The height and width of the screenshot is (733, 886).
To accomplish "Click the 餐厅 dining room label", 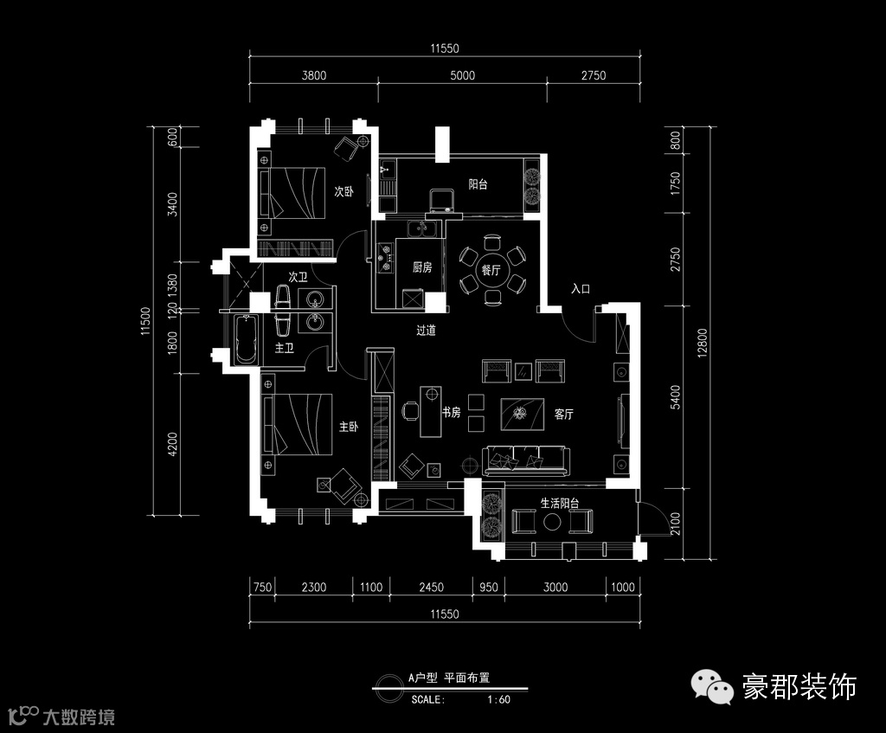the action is [x=491, y=270].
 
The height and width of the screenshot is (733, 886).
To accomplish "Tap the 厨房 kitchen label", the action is [x=422, y=267].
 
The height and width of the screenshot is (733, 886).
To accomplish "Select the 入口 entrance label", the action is [x=581, y=289].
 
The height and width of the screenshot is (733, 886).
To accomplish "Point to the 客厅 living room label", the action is [x=564, y=415].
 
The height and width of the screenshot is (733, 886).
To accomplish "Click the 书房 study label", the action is [x=451, y=413].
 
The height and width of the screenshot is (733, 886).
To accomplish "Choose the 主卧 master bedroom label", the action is [x=349, y=427].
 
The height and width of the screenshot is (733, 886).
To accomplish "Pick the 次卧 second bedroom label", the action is [x=343, y=192].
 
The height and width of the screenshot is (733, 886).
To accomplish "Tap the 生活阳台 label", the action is [x=560, y=503].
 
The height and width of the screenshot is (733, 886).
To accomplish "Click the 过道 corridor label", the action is [x=426, y=330].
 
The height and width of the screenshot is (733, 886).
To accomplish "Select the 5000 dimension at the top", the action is [x=463, y=75].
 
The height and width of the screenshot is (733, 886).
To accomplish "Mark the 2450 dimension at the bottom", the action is [x=431, y=588].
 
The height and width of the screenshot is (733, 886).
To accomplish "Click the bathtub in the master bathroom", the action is [x=244, y=340].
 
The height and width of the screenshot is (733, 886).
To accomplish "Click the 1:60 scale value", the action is [x=499, y=700].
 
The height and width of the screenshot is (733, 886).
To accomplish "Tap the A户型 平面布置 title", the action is [x=442, y=680].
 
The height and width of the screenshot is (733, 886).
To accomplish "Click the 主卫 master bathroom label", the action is [x=285, y=348].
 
